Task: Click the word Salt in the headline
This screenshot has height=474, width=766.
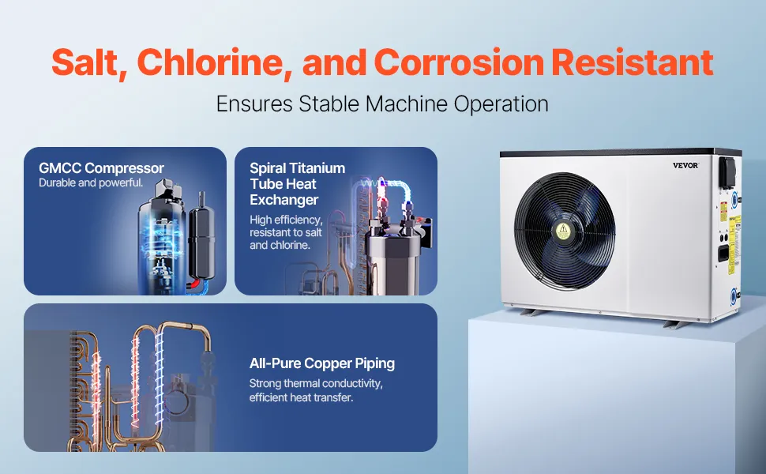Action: (x=89, y=62)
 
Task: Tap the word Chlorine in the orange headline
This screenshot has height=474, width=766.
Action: (x=215, y=62)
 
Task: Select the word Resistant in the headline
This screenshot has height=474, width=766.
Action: (x=633, y=62)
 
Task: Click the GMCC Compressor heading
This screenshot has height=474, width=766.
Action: (x=101, y=168)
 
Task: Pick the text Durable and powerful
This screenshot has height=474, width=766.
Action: (x=91, y=182)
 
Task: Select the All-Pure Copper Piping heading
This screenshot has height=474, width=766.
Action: (x=322, y=363)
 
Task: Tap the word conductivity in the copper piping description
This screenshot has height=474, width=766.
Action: (x=355, y=384)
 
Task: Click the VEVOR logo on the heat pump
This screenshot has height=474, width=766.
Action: (x=685, y=165)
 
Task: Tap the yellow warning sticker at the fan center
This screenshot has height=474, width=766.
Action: (x=563, y=231)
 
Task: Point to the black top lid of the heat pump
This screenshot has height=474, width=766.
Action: (x=621, y=152)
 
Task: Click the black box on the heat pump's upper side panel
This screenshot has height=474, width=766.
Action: (x=727, y=172)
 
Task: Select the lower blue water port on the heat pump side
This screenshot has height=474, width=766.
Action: (x=734, y=296)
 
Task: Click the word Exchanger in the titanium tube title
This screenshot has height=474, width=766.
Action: (x=283, y=200)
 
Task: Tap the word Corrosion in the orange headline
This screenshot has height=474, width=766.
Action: (x=459, y=62)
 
